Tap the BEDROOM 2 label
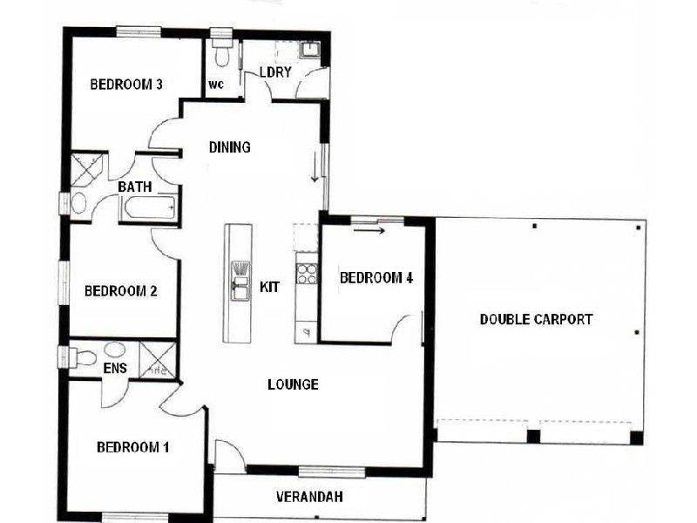click(120, 291)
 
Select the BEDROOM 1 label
click(132, 448)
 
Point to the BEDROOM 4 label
click(376, 278)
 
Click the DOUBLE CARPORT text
click(536, 320)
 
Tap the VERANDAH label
click(309, 498)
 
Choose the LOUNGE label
click(293, 384)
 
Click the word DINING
click(230, 147)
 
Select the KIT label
click(270, 286)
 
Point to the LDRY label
click(274, 72)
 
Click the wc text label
click(215, 85)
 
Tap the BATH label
click(135, 187)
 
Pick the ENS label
click(115, 369)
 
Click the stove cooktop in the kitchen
click(307, 275)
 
